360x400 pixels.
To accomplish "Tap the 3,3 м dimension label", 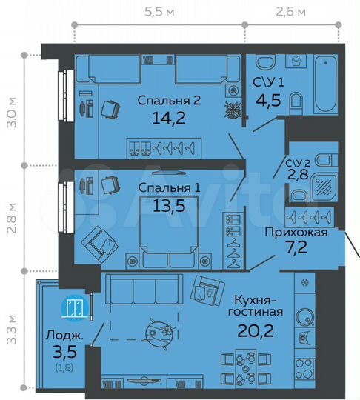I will coord(10,330).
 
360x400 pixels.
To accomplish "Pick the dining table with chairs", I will coord(244,366).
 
